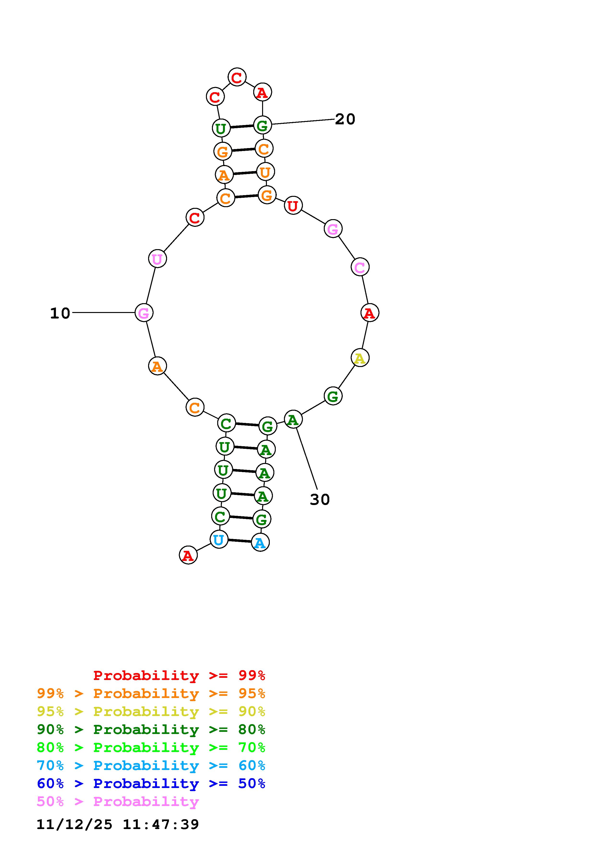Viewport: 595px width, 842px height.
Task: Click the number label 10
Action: [60, 313]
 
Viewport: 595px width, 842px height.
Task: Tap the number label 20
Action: [345, 119]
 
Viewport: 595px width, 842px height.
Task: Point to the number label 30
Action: [320, 499]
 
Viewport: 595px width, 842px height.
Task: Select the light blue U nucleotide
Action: [219, 540]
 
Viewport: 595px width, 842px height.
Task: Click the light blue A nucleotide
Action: [260, 543]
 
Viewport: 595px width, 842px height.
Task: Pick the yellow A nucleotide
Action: [360, 358]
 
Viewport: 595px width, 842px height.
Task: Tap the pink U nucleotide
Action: [157, 259]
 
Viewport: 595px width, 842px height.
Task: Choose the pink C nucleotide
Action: [360, 267]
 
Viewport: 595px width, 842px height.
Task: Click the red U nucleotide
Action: [293, 205]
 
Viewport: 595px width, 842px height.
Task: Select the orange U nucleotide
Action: [265, 172]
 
